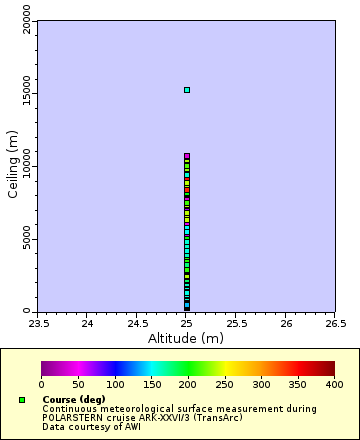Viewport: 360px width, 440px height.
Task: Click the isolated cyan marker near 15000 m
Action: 187,90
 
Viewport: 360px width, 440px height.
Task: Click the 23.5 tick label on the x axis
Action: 37,324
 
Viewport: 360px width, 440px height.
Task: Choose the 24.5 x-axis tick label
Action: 137,324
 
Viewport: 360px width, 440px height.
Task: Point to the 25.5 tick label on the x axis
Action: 236,324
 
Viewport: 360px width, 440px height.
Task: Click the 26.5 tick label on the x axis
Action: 335,324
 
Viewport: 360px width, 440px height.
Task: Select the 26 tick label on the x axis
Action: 286,324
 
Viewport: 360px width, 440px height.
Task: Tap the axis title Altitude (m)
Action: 186,338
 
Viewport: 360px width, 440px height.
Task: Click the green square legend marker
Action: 22,400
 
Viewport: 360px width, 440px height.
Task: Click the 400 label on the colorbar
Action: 334,384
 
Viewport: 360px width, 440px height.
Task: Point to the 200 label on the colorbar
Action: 188,384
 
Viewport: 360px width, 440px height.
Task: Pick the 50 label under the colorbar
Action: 78,384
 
